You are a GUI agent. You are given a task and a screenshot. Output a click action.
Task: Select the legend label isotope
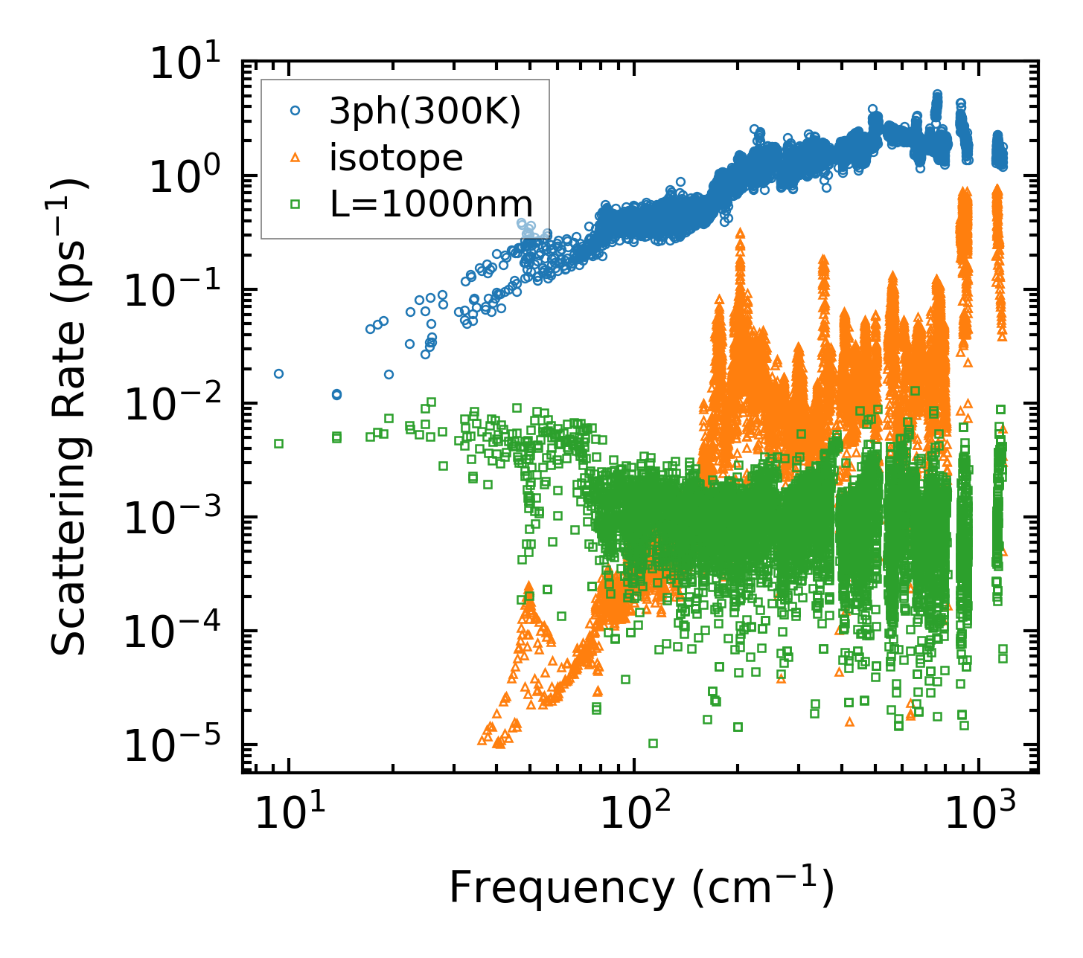397,158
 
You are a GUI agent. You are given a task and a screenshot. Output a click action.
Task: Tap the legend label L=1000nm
432,204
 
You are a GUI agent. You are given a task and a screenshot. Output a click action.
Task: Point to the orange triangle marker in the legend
295,157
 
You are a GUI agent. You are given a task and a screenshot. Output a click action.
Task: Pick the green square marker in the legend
295,203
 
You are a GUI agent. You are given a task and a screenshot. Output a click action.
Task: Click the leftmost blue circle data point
278,373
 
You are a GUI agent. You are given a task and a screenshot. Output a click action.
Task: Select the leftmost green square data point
278,443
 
